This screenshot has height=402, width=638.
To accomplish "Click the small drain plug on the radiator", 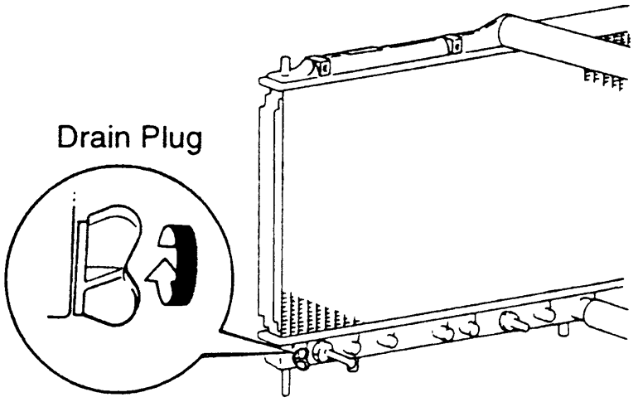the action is (299, 357).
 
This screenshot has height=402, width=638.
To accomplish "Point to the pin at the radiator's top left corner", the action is (286, 64).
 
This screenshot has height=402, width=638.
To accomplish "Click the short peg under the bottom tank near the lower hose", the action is (563, 327).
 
